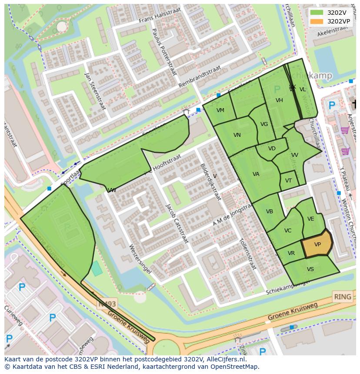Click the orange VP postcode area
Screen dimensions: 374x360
click(x=317, y=245)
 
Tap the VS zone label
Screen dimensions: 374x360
click(x=310, y=269)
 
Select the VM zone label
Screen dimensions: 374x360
click(x=220, y=110)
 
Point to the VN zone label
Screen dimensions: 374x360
click(x=237, y=135)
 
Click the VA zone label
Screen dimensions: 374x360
click(x=256, y=174)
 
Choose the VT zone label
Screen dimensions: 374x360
click(x=289, y=181)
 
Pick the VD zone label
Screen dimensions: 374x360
click(x=272, y=149)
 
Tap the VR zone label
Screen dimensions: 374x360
click(x=291, y=253)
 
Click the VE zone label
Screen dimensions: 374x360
click(x=310, y=219)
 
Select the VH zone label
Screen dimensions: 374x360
click(x=279, y=100)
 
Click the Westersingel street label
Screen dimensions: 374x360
click(x=140, y=259)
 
